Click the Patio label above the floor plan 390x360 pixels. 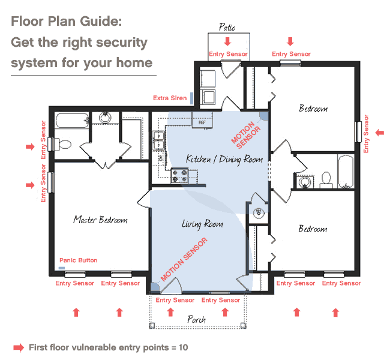pos(226,28)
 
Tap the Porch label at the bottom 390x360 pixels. pos(196,319)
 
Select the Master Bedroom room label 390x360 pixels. pos(100,220)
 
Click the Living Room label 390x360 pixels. pos(202,224)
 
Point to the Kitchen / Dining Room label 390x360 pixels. pos(224,159)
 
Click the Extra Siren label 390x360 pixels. pos(169,98)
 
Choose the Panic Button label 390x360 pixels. pos(78,260)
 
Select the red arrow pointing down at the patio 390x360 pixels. pos(227,41)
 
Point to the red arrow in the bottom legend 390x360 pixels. pos(18,347)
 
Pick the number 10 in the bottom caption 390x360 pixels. pos(182,347)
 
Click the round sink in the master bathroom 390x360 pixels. pos(105,116)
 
